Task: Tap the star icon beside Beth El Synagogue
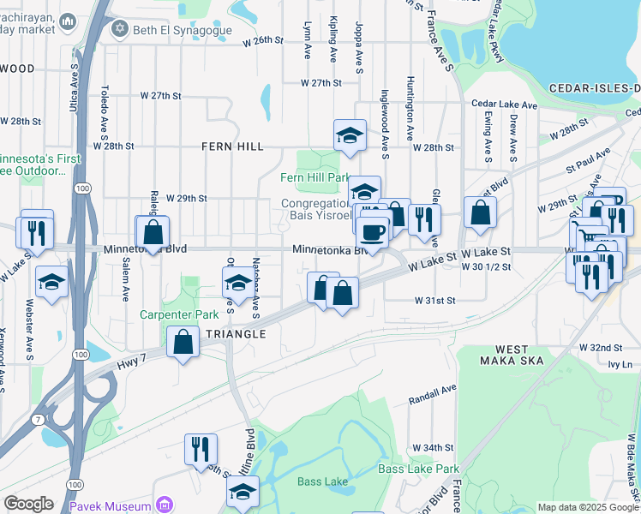click(120, 29)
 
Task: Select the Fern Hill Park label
click(315, 177)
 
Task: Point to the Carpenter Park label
click(180, 314)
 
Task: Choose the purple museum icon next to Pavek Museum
click(166, 504)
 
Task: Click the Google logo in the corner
click(29, 504)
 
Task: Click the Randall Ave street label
click(433, 393)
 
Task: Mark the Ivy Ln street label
click(620, 364)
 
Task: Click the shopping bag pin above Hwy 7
click(183, 343)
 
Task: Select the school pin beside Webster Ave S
click(52, 283)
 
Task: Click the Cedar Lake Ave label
click(504, 105)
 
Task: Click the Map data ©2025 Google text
click(588, 507)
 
